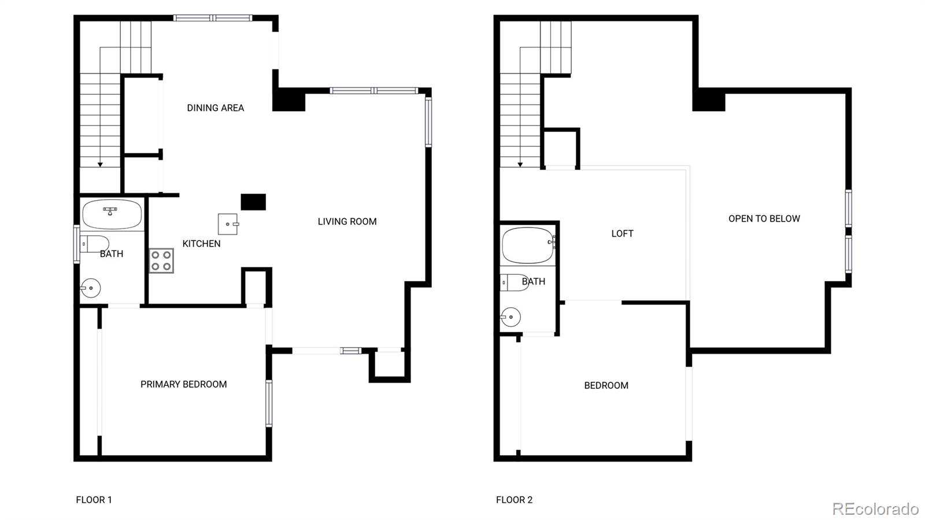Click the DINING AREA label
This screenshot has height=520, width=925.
pos(215,108)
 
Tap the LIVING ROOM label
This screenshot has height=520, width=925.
pos(347,222)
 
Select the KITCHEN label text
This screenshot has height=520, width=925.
pos(201,244)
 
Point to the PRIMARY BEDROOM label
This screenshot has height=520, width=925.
pos(183,384)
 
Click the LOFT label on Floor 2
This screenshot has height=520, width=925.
pos(622,234)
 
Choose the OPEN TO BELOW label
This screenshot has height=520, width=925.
pos(764,219)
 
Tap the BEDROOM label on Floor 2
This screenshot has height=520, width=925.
pos(606,385)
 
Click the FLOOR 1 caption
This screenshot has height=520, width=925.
pos(94,500)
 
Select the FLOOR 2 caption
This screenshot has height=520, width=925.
pos(514,500)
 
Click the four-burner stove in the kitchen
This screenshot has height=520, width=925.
pos(161,260)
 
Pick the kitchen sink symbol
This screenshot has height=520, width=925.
pos(228,224)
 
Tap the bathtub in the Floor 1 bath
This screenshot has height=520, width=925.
pos(112,214)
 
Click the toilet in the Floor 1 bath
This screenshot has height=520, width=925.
pos(94,244)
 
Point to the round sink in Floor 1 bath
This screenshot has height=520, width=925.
pos(91,287)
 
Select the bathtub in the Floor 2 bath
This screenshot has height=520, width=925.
pos(528,245)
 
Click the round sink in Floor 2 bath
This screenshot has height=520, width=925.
pos(511,317)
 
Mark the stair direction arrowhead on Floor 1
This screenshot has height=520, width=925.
pos(100,165)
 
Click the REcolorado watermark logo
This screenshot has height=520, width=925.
pos(875,508)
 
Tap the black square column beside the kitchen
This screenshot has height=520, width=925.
pos(253,202)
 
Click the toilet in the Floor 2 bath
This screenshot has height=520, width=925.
pos(514,282)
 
